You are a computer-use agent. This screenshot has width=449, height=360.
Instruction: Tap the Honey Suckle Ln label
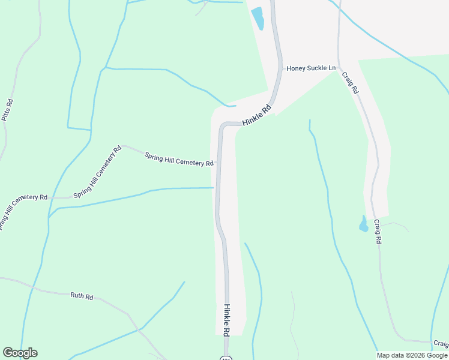pyautogui.click(x=311, y=68)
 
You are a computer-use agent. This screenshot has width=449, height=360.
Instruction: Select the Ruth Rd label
pyautogui.click(x=82, y=296)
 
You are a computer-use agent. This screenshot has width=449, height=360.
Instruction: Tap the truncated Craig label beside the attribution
pyautogui.click(x=441, y=344)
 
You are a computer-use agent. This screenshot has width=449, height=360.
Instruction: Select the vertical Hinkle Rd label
pyautogui.click(x=227, y=320)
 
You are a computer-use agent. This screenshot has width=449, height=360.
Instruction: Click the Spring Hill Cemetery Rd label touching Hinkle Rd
pyautogui.click(x=179, y=159)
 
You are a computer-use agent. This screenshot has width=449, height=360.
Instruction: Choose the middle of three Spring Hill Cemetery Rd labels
pyautogui.click(x=97, y=172)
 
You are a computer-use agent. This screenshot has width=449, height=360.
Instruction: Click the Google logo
pyautogui.click(x=20, y=353)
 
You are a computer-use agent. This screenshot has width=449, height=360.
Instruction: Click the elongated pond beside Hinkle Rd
pyautogui.click(x=258, y=18)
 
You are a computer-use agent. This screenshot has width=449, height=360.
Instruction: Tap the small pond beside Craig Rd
pyautogui.click(x=363, y=224)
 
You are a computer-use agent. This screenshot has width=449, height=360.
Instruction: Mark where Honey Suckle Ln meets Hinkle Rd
pyautogui.click(x=282, y=68)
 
